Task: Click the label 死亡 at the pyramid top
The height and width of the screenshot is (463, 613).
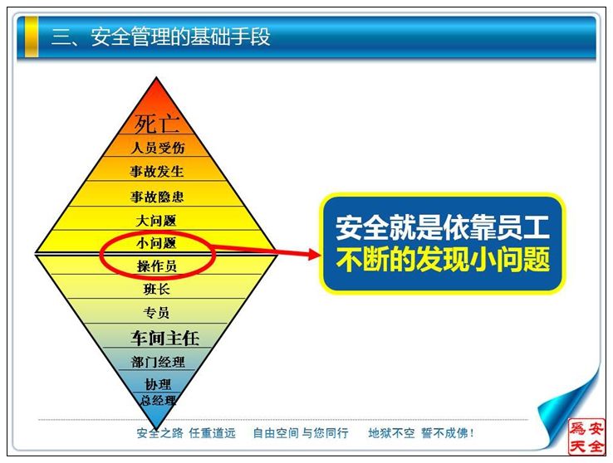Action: pos(157,124)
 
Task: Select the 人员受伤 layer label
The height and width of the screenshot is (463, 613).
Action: pos(158,148)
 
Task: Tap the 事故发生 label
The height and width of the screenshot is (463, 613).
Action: pos(157,171)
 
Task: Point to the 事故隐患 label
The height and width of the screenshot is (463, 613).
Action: pos(157,197)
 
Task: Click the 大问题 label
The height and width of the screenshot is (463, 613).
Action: pos(156,221)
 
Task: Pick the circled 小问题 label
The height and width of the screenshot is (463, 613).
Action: pos(156,243)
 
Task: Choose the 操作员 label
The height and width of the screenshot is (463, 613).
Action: pos(157,266)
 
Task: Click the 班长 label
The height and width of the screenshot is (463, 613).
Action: pos(157,290)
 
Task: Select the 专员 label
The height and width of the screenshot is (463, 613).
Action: pos(156,313)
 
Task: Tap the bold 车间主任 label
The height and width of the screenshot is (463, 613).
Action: pos(165,338)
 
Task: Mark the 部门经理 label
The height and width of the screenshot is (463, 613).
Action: pos(158,362)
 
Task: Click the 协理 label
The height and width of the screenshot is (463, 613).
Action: pos(158,384)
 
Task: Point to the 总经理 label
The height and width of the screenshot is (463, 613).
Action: pos(159,400)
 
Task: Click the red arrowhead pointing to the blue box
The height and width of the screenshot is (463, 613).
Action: pos(314,254)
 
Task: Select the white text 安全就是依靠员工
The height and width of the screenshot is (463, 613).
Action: pos(443,227)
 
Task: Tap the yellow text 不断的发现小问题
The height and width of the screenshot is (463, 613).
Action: pos(443,258)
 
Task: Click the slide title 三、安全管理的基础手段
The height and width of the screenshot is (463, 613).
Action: pos(160,37)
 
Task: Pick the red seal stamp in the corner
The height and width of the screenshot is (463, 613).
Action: pos(586,436)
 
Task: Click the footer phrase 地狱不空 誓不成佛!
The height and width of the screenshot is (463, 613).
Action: pos(421,433)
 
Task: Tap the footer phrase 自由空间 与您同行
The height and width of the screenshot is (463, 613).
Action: pos(300,433)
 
